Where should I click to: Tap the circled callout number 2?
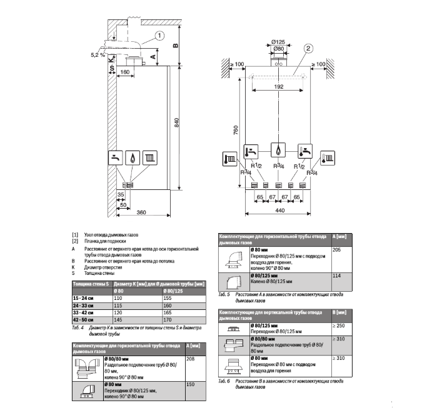308,48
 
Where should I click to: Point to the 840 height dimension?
176,124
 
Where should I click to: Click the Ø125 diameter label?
279,42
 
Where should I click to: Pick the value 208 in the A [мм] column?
191,359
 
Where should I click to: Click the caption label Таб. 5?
223,294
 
